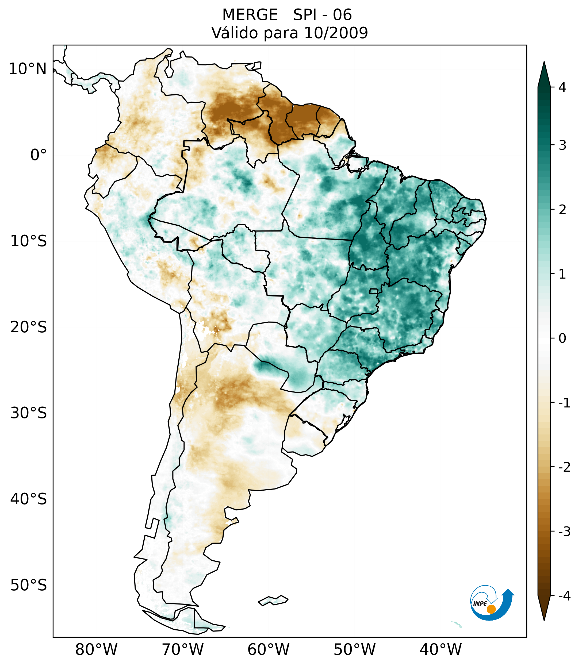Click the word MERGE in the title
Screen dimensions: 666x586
[250, 15]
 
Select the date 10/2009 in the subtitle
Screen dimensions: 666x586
[336, 33]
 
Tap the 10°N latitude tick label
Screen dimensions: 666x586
[28, 69]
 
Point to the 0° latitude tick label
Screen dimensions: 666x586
[39, 155]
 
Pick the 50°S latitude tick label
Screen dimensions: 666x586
[29, 585]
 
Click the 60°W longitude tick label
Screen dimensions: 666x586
[268, 649]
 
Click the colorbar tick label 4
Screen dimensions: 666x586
[562, 87]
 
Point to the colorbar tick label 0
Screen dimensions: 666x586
[562, 338]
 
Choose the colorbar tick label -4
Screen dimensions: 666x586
[564, 596]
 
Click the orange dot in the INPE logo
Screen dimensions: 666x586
[491, 609]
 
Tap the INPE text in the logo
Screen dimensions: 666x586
[480, 604]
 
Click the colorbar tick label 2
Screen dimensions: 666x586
[562, 210]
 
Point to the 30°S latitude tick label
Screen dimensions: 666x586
[29, 413]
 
